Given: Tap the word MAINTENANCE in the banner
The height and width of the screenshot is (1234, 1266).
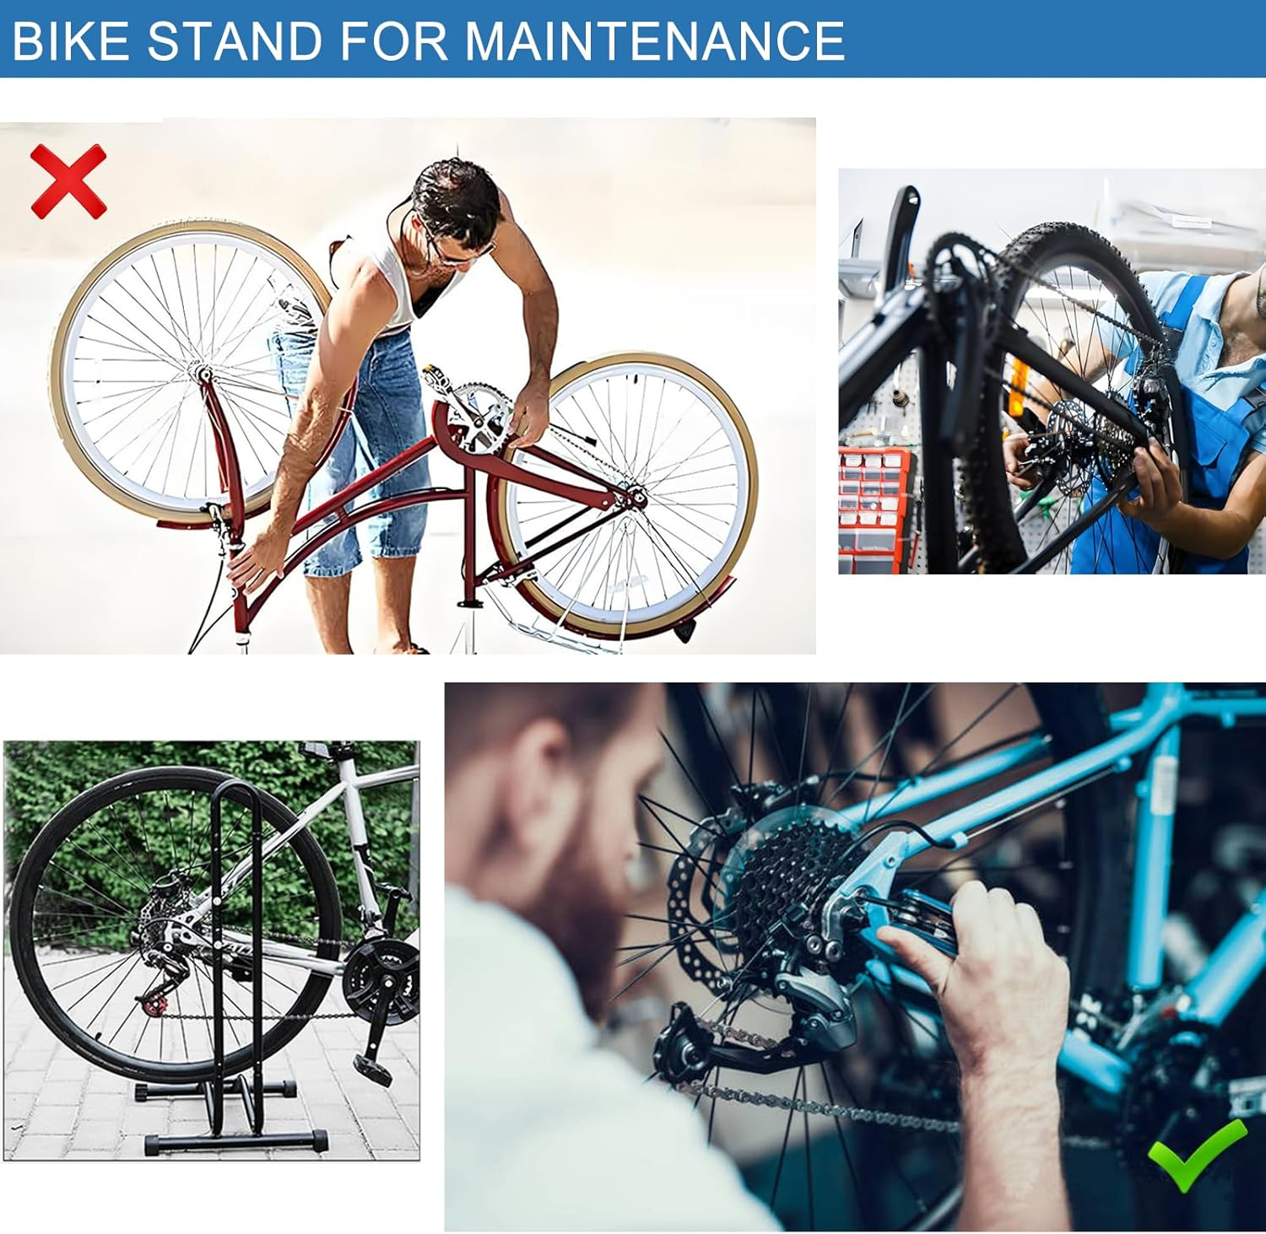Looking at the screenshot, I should [x=655, y=40].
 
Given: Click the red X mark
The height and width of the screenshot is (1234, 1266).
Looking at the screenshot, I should [x=68, y=181].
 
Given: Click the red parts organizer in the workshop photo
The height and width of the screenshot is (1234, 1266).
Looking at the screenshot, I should [x=876, y=498].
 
